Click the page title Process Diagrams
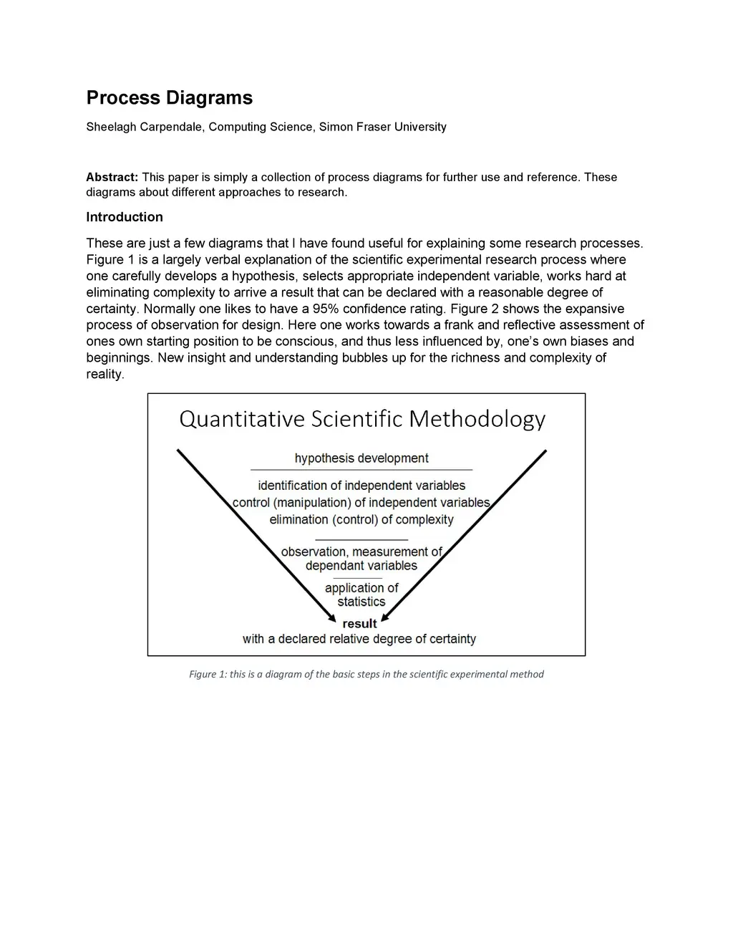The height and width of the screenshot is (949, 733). [x=169, y=98]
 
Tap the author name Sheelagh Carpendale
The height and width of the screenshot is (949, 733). [x=144, y=127]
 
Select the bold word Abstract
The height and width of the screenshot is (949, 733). [x=111, y=177]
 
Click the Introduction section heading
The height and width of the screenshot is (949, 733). [x=125, y=217]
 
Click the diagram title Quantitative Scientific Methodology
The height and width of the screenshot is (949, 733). [x=362, y=418]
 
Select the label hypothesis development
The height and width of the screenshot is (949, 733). [x=361, y=458]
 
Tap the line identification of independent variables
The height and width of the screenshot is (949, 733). [x=361, y=486]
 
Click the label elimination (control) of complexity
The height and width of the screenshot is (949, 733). [x=361, y=520]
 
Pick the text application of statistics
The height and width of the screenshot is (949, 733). [x=361, y=595]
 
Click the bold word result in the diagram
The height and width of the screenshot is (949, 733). [x=359, y=624]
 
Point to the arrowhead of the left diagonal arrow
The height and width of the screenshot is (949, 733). [x=332, y=618]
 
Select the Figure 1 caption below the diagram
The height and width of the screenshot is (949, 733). [x=366, y=674]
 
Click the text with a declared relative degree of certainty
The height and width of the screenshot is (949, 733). [x=359, y=639]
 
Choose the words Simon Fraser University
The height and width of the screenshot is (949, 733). [x=382, y=127]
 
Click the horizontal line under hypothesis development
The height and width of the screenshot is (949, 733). [x=361, y=470]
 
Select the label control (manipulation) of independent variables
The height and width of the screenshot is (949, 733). [x=361, y=503]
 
